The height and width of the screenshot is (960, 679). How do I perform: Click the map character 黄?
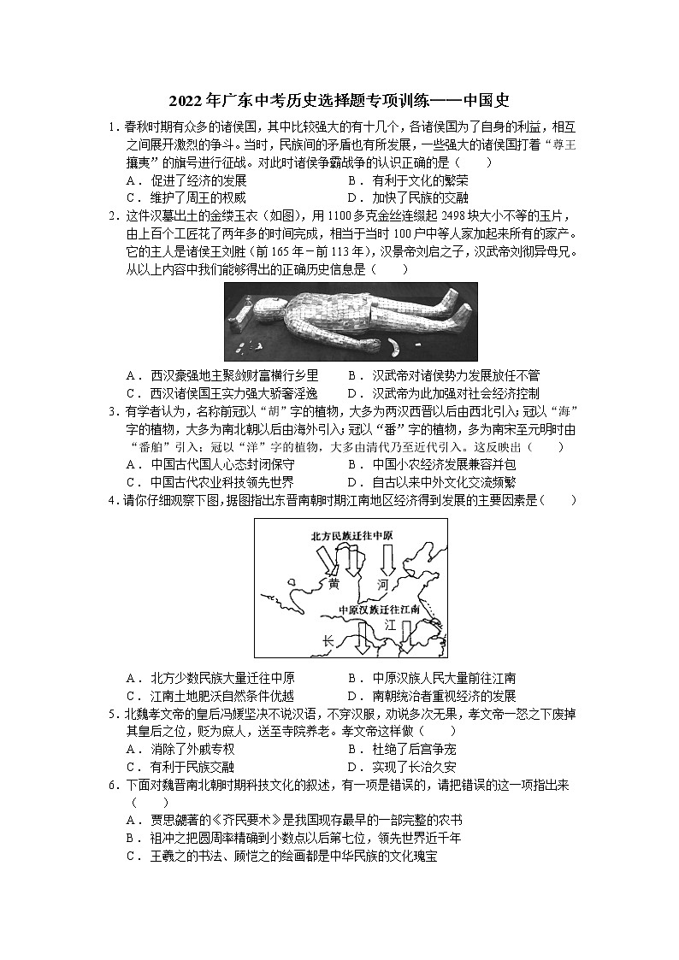tap(334, 583)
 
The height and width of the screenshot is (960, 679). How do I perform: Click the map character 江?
tap(390, 625)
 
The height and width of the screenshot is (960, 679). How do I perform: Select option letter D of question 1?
tap(352, 198)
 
